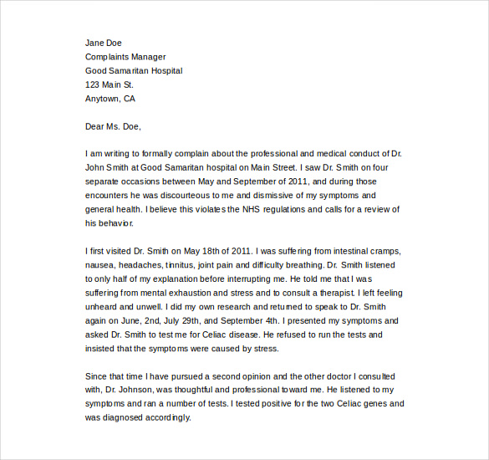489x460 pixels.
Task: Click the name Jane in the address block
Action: [x=95, y=43]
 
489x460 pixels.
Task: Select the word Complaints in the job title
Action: [x=108, y=57]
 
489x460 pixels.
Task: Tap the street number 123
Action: [x=93, y=84]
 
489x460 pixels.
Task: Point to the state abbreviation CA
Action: [x=129, y=99]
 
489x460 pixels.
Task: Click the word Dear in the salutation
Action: [x=96, y=127]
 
